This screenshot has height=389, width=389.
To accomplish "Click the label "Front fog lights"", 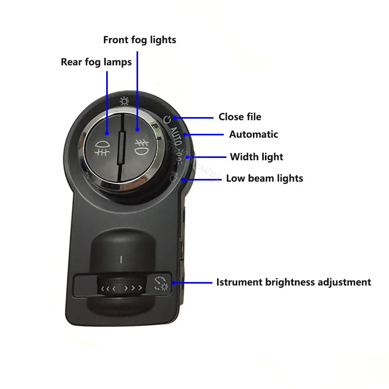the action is [140, 40].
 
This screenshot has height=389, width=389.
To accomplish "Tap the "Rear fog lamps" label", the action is [96, 62].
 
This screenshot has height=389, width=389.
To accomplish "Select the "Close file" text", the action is [240, 117].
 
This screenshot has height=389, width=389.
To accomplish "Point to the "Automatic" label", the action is [254, 134].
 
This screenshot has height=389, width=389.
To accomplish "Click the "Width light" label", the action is [256, 157].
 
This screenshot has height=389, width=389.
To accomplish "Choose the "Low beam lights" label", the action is [265, 179].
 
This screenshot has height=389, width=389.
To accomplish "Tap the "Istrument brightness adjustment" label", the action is [294, 282].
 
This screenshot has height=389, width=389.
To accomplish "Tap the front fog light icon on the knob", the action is [142, 147].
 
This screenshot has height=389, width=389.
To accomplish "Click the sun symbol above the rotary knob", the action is [124, 101].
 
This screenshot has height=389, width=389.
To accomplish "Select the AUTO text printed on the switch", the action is [176, 136].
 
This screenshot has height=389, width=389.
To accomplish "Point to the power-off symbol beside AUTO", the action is [167, 119].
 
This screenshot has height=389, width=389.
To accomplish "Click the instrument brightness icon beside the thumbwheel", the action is [161, 284].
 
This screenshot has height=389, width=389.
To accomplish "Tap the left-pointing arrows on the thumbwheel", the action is [108, 289].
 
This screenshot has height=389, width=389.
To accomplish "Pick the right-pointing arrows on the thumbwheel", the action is [133, 288].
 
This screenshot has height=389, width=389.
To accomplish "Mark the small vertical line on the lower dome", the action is [121, 259].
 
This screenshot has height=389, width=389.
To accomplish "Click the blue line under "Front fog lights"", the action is [137, 91].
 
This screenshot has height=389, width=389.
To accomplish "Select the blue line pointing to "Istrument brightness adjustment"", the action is [192, 282].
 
